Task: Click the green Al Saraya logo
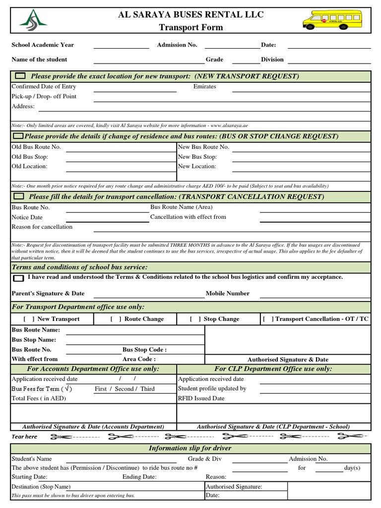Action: pos(33,21)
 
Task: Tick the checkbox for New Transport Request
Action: pos(20,76)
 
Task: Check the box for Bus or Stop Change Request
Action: pos(18,136)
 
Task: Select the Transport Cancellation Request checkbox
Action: pos(20,197)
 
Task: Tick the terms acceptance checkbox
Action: pos(18,278)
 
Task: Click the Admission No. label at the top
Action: pos(177,45)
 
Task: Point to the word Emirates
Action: pos(204,86)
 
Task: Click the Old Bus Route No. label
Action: pos(36,147)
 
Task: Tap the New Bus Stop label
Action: pos(197,157)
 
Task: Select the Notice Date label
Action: pos(27,217)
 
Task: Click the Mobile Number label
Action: pos(227,293)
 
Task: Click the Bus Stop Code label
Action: pos(144,349)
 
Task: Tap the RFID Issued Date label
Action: pos(201,398)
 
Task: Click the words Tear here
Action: pos(24,437)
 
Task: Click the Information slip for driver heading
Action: pos(190,448)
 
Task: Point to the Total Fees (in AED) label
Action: pos(39,398)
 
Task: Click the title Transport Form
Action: pos(190,27)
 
